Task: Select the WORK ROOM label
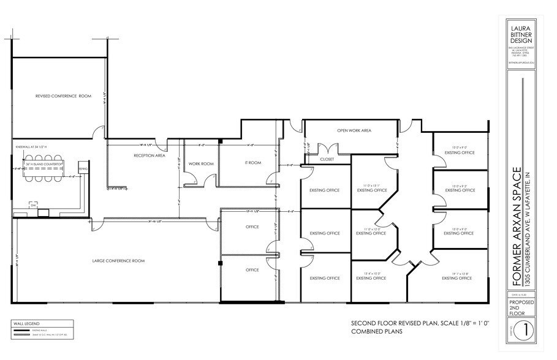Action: pos(200,164)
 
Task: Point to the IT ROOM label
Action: pos(253,163)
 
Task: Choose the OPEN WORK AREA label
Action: pos(354,131)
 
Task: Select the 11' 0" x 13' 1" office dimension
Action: pos(373,185)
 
